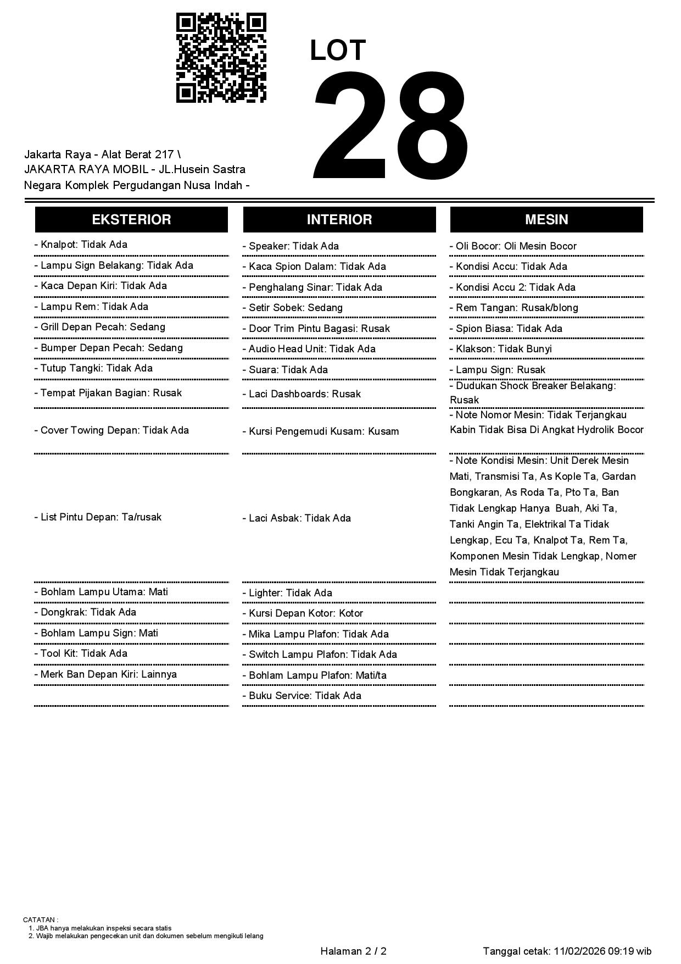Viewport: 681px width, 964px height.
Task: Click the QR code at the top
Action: click(x=221, y=58)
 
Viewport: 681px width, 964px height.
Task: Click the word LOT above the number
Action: click(x=338, y=51)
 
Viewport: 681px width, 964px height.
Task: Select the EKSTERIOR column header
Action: click(x=131, y=219)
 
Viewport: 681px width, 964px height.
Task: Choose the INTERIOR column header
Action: click(x=339, y=219)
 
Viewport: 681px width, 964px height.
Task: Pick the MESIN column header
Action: click(x=546, y=219)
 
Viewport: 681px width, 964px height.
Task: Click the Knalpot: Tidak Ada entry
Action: click(x=81, y=245)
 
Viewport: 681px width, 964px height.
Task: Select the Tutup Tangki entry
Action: click(x=93, y=368)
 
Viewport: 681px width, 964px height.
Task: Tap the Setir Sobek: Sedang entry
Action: click(x=293, y=308)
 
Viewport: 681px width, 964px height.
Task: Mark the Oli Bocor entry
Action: click(x=513, y=246)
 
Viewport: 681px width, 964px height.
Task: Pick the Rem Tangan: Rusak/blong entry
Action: click(x=514, y=308)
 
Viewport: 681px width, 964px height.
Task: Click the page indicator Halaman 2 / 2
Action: click(x=354, y=951)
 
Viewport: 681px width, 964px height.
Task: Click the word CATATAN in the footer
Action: click(x=40, y=919)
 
